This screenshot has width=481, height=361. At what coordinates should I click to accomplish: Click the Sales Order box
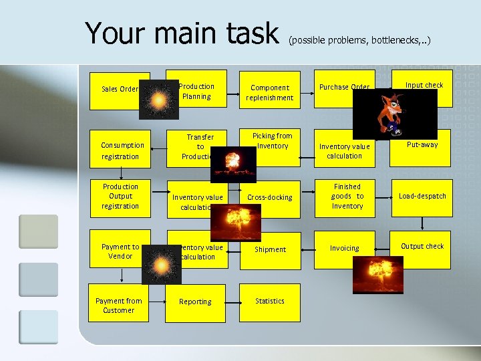119,89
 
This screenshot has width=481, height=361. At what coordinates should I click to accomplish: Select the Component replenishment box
269,92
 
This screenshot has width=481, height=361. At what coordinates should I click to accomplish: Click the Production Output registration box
120,197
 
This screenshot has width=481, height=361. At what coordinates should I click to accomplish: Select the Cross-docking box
270,198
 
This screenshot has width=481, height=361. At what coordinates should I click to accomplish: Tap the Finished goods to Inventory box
347,197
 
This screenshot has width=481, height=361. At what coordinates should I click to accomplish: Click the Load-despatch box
422,197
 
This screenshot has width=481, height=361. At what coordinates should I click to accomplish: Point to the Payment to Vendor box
120,251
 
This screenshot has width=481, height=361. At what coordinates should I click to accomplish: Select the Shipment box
270,249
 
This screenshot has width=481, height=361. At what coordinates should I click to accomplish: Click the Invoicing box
344,248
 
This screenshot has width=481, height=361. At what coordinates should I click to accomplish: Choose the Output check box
422,247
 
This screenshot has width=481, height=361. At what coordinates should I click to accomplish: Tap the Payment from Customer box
118,306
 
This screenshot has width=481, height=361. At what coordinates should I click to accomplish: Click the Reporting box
195,302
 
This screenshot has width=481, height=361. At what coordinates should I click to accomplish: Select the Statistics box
270,302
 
